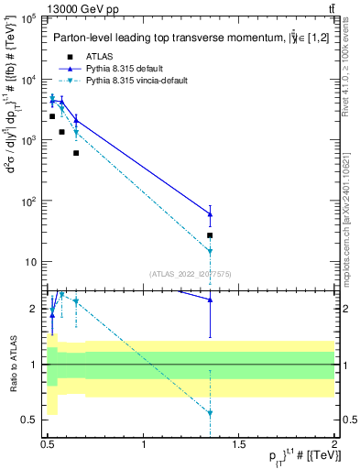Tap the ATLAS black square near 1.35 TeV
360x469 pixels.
210,235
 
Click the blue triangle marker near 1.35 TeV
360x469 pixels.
210,214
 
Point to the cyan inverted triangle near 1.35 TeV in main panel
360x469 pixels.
210,251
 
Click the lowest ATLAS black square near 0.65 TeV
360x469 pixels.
76,153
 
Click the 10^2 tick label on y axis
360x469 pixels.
26,202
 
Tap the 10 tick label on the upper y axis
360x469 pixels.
27,262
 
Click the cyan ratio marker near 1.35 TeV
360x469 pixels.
210,413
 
